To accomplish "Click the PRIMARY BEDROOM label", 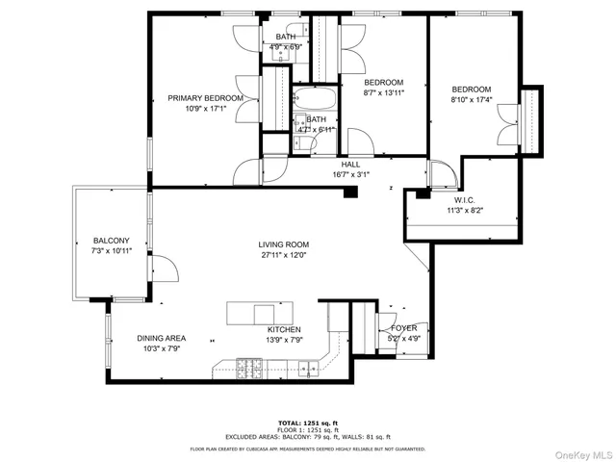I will (205, 98).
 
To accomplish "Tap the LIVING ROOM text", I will (282, 244).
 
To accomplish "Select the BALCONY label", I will (112, 241).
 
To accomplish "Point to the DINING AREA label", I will (161, 338).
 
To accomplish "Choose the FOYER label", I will (403, 328).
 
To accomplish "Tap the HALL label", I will (350, 165).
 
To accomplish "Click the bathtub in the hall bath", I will (313, 99).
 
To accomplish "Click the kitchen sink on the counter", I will (306, 366).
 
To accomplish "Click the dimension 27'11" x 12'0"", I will (282, 255).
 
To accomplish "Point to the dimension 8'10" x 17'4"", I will (471, 98).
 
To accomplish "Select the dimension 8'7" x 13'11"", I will (383, 93).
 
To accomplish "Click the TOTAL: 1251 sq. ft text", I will (307, 423).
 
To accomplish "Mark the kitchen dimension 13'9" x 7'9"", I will (284, 340).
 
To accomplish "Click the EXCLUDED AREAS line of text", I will (307, 438).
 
